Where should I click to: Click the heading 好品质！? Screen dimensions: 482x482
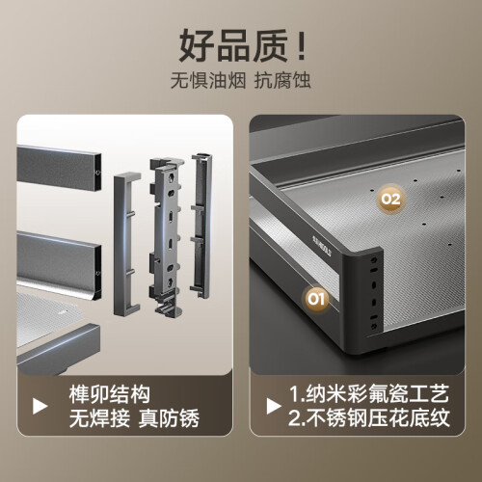click(242, 45)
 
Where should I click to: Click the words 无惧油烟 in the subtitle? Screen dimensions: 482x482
click(208, 80)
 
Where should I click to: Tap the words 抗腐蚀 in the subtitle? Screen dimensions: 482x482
click(282, 80)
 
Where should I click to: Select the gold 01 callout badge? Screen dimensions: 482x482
click(316, 299)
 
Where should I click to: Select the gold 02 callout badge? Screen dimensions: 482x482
click(390, 199)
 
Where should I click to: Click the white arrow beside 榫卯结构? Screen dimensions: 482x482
click(40, 406)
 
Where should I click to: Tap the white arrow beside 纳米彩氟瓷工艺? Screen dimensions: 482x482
click(274, 406)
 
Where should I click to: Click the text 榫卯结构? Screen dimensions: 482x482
click(110, 394)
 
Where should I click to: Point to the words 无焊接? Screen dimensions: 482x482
click(99, 418)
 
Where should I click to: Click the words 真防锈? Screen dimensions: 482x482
click(170, 418)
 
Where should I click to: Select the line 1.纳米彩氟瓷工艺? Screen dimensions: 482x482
click(369, 393)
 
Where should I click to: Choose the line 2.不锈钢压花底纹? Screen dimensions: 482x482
click(369, 418)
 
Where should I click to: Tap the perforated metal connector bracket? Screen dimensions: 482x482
click(167, 235)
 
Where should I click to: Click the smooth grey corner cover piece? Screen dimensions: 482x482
click(126, 244)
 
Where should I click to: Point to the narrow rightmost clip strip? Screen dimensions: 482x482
click(201, 226)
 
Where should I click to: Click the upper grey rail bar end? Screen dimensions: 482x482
click(59, 168)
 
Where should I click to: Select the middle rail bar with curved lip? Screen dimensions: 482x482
click(59, 265)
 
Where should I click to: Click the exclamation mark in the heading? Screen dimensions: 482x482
click(302, 45)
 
